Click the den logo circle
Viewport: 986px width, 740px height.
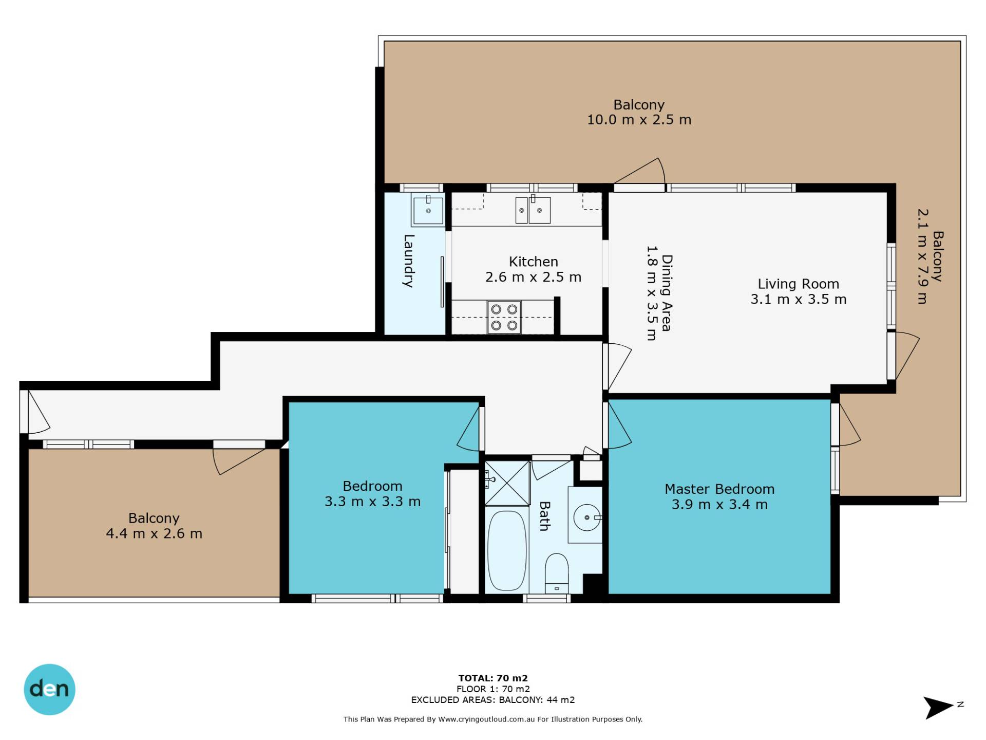coord(49,689)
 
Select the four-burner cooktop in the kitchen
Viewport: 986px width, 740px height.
coord(504,317)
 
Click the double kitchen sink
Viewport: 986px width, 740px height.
coord(533,210)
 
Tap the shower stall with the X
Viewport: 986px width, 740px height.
coord(507,483)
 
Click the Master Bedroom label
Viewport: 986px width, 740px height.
coord(719,489)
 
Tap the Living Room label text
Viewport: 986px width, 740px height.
coord(799,284)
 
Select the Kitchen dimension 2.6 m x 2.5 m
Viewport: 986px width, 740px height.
coord(534,277)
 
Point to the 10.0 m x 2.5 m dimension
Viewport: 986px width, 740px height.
coord(639,120)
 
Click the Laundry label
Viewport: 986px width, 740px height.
coord(409,261)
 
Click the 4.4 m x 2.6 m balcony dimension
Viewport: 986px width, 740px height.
coord(154,533)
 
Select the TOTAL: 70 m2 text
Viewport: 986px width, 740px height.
coord(493,678)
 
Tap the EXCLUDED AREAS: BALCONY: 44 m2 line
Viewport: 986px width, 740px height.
coord(493,699)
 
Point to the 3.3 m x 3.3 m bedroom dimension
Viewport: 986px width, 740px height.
coord(373,502)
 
